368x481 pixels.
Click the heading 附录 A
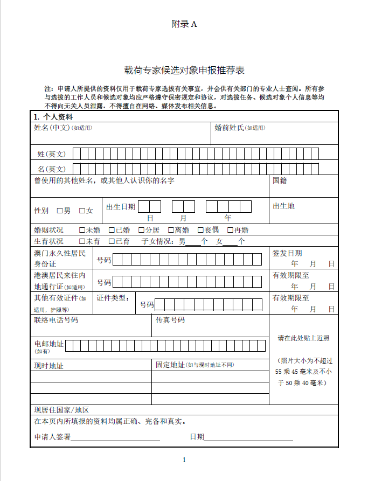coord(184,24)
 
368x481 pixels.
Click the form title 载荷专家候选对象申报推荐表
coord(184,71)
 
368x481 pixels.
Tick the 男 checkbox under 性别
coord(60,211)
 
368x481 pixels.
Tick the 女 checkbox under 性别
coord(82,211)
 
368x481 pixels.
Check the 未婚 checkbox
coord(82,230)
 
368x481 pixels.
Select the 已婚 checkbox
coord(112,230)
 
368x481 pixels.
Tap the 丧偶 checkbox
coord(200,230)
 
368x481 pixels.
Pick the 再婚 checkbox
coord(230,230)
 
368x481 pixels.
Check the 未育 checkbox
coord(82,241)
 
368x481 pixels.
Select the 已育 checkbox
coord(112,241)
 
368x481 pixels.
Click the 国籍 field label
coord(280,180)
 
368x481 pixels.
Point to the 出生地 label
coord(283,206)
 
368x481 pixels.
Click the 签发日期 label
coord(287,253)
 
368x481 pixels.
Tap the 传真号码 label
coord(170,320)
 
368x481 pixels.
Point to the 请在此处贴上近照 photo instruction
coord(303,338)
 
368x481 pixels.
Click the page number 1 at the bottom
coord(184,459)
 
